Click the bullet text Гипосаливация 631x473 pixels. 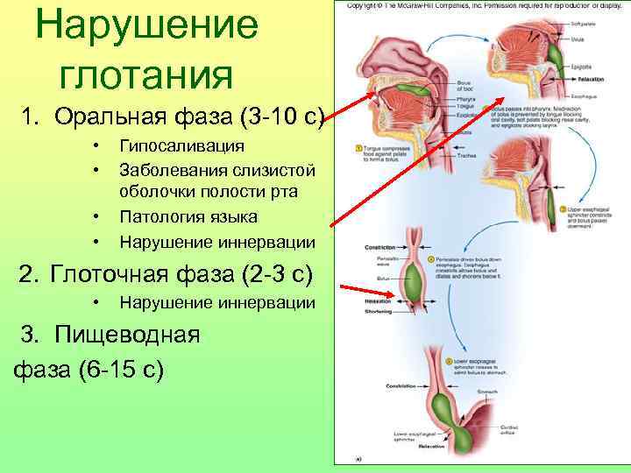181,145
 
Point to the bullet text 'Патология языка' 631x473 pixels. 188,215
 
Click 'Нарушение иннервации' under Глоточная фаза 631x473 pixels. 216,303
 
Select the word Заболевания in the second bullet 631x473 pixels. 172,168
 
